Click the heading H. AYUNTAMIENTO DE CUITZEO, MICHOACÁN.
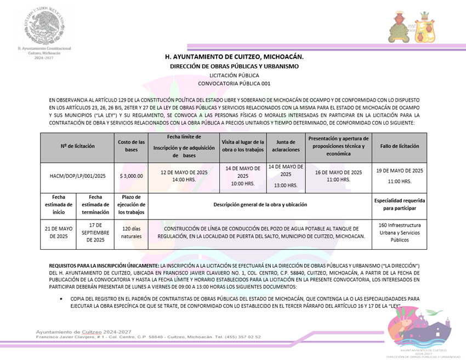(234, 57)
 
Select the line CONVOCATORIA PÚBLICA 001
(234, 83)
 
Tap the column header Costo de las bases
(132, 146)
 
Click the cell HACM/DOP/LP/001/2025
(77, 176)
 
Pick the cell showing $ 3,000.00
(132, 176)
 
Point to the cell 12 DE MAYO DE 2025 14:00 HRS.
(183, 176)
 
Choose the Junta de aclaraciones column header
(286, 146)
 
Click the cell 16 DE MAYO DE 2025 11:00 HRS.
(338, 176)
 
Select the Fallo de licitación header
(399, 146)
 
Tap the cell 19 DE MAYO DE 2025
(399, 176)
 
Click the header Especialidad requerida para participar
(399, 204)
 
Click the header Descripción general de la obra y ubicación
(260, 204)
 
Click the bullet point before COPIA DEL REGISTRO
(60, 299)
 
